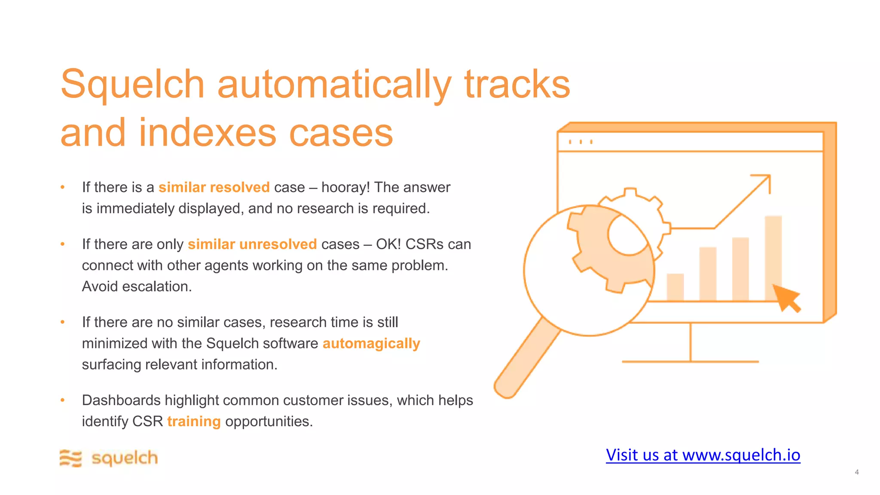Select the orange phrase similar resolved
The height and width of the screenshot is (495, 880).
coord(214,187)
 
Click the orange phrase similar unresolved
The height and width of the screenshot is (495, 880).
coord(252,244)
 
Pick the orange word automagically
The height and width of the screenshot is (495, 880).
coord(371,343)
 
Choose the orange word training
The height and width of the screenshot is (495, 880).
coord(194,422)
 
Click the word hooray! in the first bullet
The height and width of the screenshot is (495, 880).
coord(345,187)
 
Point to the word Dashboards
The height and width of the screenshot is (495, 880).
coord(121,400)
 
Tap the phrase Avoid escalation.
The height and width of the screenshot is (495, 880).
coord(137,286)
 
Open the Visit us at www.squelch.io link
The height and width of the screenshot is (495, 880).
coord(703,455)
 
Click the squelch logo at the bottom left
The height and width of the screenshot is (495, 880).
coord(109,458)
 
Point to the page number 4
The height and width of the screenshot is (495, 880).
coord(857,472)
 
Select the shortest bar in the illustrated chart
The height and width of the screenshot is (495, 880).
coord(675,287)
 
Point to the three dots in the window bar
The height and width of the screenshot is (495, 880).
coord(581,142)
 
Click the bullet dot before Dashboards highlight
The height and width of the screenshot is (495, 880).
coord(63,400)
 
